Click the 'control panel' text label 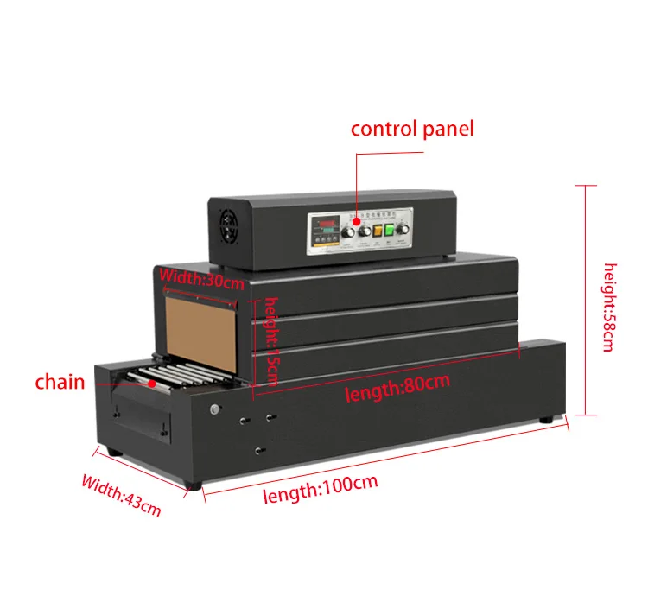pyautogui.click(x=411, y=130)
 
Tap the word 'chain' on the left pyautogui.click(x=60, y=382)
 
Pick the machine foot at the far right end pyautogui.click(x=548, y=419)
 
